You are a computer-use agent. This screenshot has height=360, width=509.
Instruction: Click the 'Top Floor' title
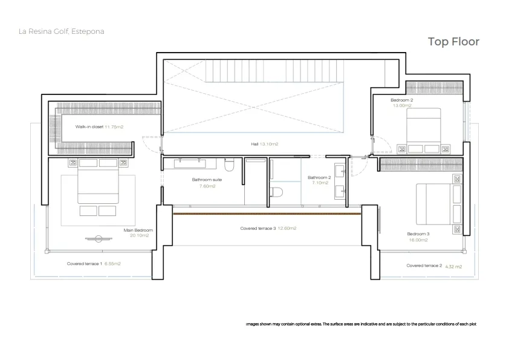[453, 42]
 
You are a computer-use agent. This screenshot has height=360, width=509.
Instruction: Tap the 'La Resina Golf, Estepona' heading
[61, 31]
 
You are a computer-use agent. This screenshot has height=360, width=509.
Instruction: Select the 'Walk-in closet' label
[89, 126]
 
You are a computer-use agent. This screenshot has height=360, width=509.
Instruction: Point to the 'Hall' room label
[254, 144]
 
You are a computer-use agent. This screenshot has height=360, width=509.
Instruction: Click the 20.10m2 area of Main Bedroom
[139, 235]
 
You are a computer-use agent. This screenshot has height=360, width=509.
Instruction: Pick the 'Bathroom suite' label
[207, 180]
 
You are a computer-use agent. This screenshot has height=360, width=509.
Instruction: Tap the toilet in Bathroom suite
[229, 165]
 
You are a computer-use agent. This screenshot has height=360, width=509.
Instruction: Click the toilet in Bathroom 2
[276, 192]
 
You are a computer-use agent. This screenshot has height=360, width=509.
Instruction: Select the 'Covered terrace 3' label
[258, 229]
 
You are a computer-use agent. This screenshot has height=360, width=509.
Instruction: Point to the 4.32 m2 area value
[453, 267]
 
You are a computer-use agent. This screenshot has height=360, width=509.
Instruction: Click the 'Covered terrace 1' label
[85, 264]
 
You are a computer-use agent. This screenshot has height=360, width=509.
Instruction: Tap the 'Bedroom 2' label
[402, 100]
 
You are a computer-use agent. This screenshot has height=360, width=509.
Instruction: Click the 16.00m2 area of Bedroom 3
[418, 240]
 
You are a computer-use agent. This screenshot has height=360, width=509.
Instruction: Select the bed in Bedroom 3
[434, 204]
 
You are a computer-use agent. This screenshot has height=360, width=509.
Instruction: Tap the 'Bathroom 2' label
[319, 177]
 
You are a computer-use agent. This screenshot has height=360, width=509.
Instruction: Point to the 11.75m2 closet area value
[114, 126]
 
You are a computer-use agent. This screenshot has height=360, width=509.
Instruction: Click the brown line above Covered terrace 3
[267, 214]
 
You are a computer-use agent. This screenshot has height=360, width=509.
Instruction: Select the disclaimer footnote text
[361, 324]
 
